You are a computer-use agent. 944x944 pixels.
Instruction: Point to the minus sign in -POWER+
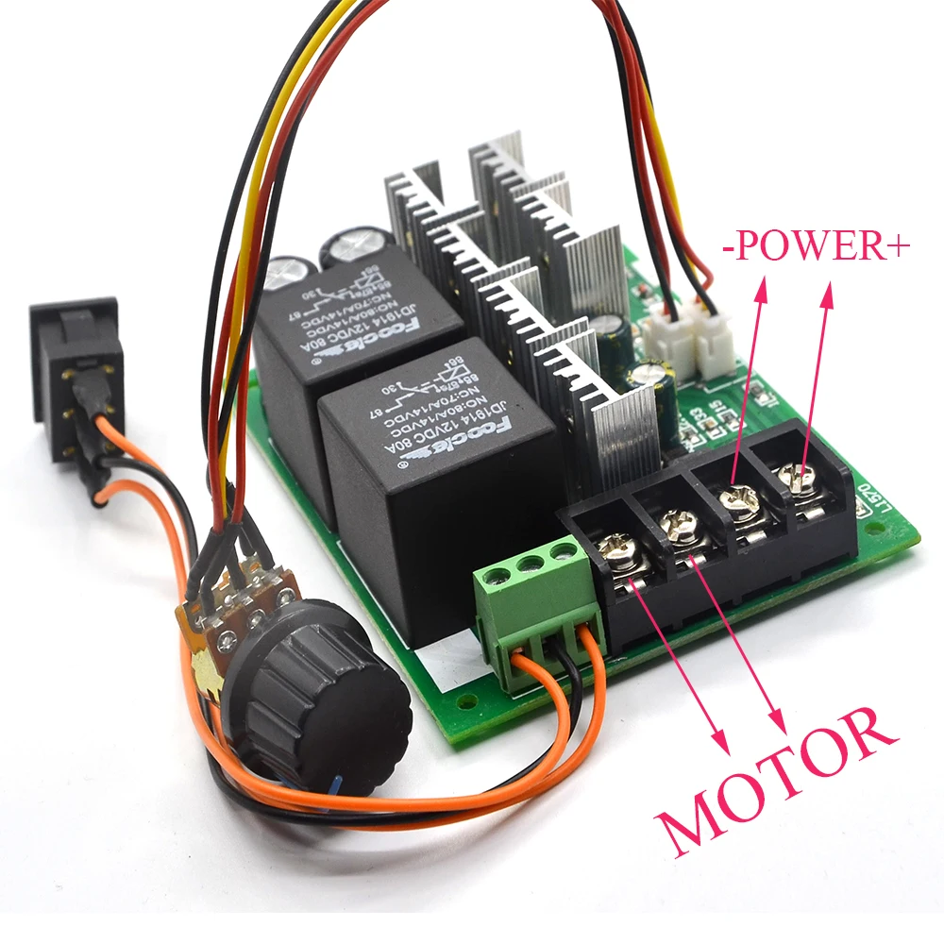click(x=729, y=248)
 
